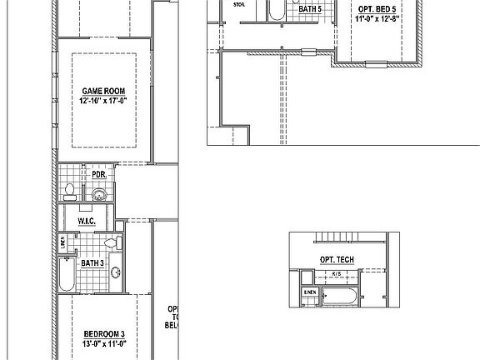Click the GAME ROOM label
point(102,90)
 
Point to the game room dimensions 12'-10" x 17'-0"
point(102,100)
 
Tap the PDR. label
point(98,174)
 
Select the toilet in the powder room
point(71,193)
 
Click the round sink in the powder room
point(99,195)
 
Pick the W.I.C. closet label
point(87,221)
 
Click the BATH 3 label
point(92,262)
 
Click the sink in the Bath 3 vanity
point(117,272)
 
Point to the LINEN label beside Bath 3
point(63,243)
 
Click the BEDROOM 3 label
point(102,332)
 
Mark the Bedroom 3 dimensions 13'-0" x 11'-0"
point(102,342)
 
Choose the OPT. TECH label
point(337,260)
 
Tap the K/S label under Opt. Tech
point(337,273)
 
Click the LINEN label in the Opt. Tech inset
point(309,292)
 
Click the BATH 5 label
point(310,8)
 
